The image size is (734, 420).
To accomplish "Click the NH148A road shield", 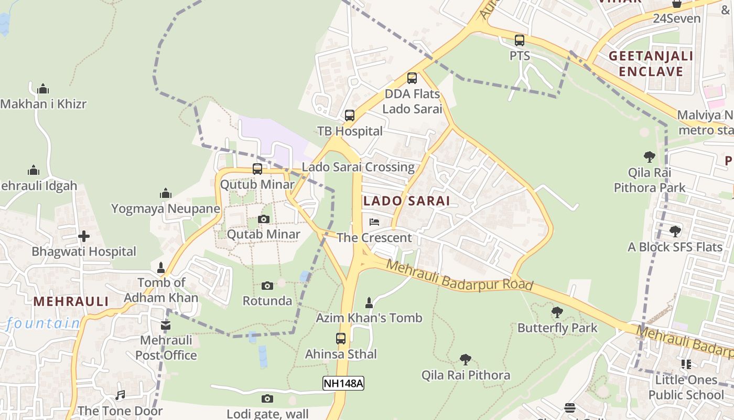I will pos(343,383).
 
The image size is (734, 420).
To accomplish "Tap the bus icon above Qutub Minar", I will pos(257,169).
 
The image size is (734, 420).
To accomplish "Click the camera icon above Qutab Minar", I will pos(264,219).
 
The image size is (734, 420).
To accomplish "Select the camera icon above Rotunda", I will pos(267,286).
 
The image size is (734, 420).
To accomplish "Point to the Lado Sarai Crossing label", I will pos(358,167).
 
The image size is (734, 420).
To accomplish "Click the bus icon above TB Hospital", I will pos(350,115).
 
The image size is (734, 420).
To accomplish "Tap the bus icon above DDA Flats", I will pos(412,78).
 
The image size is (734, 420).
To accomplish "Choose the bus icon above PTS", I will pos(520,40).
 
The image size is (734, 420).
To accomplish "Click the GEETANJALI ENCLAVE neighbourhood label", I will pos(651,64).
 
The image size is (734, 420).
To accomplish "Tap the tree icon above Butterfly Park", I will pos(557,312).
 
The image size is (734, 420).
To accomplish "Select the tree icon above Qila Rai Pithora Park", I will pos(650,156).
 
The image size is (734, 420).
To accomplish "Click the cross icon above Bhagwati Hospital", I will pos(83,236).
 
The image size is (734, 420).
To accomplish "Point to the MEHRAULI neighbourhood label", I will pos(71,301).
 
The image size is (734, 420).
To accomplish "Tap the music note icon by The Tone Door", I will pos(120,395).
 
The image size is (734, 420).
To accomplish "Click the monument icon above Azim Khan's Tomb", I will pos(369,302).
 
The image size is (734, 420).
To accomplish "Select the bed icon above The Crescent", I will pos(374,222).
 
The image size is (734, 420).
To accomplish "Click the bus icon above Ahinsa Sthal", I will pos(341,339).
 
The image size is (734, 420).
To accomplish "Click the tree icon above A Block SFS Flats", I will pos(675,231).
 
